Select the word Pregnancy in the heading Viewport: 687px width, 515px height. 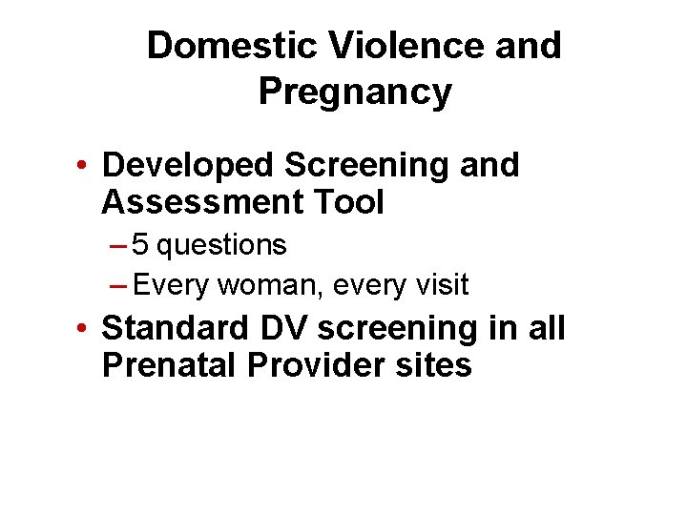[x=354, y=93]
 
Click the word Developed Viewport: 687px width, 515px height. [x=186, y=165]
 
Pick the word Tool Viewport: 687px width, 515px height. [x=352, y=202]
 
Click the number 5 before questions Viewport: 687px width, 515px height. [x=140, y=245]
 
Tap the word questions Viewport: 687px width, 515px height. [x=221, y=245]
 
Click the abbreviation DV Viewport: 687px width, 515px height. [x=281, y=328]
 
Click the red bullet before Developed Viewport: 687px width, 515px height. [x=86, y=167]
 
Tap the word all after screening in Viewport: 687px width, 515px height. [x=546, y=328]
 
